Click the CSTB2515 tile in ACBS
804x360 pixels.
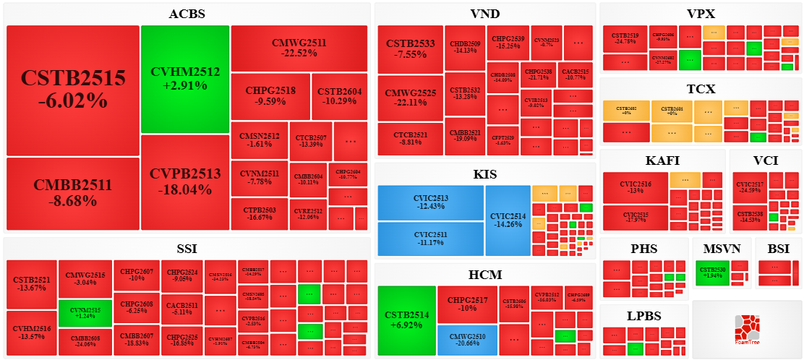click(x=72, y=90)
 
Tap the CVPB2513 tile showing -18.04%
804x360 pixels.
click(x=185, y=181)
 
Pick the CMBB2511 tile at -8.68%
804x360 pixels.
click(x=72, y=192)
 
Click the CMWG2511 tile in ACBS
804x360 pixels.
click(x=299, y=48)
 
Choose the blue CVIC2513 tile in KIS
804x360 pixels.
click(x=431, y=203)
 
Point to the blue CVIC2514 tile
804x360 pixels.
click(x=508, y=220)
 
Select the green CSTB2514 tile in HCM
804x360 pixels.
click(x=407, y=320)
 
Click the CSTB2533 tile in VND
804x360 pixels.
click(x=411, y=48)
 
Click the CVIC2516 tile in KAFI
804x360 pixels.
click(x=636, y=188)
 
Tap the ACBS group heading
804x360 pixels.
click(x=187, y=14)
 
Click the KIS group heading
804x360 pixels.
click(x=484, y=174)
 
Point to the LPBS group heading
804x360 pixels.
click(x=643, y=315)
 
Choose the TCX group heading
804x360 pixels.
click(x=701, y=89)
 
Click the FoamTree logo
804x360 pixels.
click(x=746, y=330)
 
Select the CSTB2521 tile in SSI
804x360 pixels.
click(x=32, y=284)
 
